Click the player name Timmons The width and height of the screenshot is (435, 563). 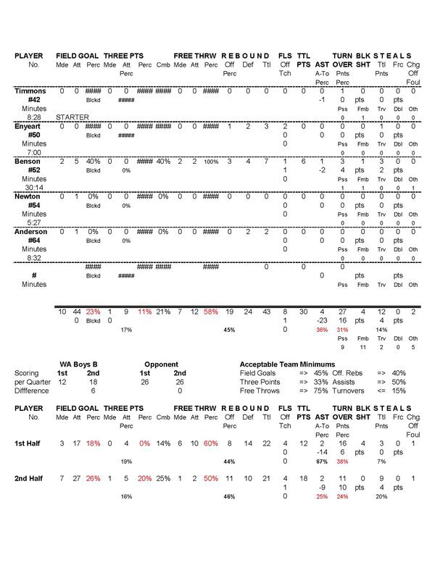coord(30,91)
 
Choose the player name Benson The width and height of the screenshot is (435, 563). coord(28,161)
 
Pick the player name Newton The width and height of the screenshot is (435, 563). coord(28,196)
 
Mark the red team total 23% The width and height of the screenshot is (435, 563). coord(93,312)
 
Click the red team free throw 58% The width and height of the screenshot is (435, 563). coord(210,312)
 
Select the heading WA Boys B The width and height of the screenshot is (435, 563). coord(79,364)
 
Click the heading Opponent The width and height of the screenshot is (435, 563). coord(161,364)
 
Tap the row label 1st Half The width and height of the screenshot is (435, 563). coord(30,443)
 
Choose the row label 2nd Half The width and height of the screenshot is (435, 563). coord(30,479)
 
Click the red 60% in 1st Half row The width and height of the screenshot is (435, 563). coord(210,443)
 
